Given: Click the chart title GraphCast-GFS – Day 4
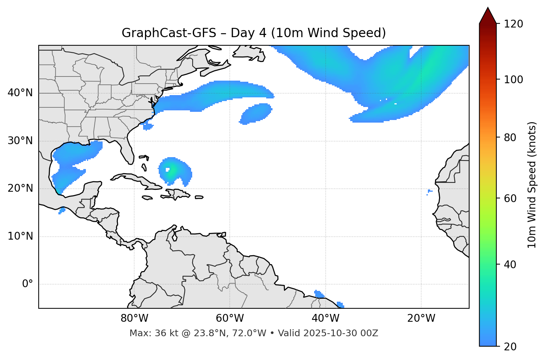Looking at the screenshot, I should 254,33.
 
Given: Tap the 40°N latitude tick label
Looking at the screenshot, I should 20,93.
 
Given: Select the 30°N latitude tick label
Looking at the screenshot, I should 20,141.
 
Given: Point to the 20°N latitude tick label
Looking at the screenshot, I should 20,188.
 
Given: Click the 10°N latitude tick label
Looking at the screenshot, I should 20,236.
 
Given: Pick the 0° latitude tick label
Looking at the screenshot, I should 27,284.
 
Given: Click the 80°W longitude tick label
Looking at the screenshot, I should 134,318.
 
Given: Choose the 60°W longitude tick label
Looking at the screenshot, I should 230,318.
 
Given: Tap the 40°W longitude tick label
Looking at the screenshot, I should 325,318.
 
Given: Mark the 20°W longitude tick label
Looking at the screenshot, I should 421,318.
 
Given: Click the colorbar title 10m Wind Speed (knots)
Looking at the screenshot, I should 532,185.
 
